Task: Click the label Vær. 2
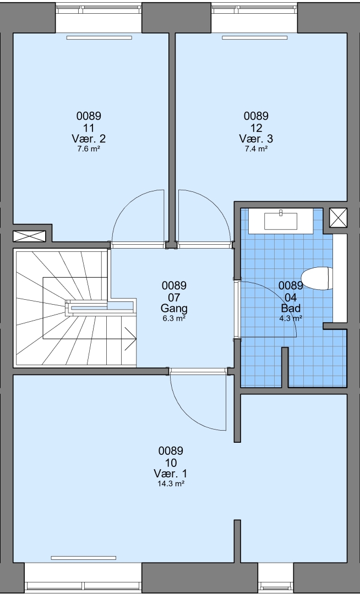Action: coord(89,139)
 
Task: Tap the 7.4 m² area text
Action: coord(256,149)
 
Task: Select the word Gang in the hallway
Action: coord(174,309)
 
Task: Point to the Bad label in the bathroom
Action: coord(291,307)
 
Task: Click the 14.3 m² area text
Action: coord(171,483)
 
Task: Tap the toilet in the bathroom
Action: coord(317,278)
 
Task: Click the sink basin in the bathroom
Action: coord(281,221)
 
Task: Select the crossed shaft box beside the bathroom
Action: coord(338,218)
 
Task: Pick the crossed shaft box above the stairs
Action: coord(30,236)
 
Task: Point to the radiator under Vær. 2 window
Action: coord(99,37)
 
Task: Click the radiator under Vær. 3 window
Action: coord(255,37)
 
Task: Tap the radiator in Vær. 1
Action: coord(83,558)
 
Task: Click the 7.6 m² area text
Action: coord(89,149)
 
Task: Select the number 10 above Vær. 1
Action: coord(171,463)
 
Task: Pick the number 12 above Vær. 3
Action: coord(256,128)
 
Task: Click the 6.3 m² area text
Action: coord(174,318)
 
